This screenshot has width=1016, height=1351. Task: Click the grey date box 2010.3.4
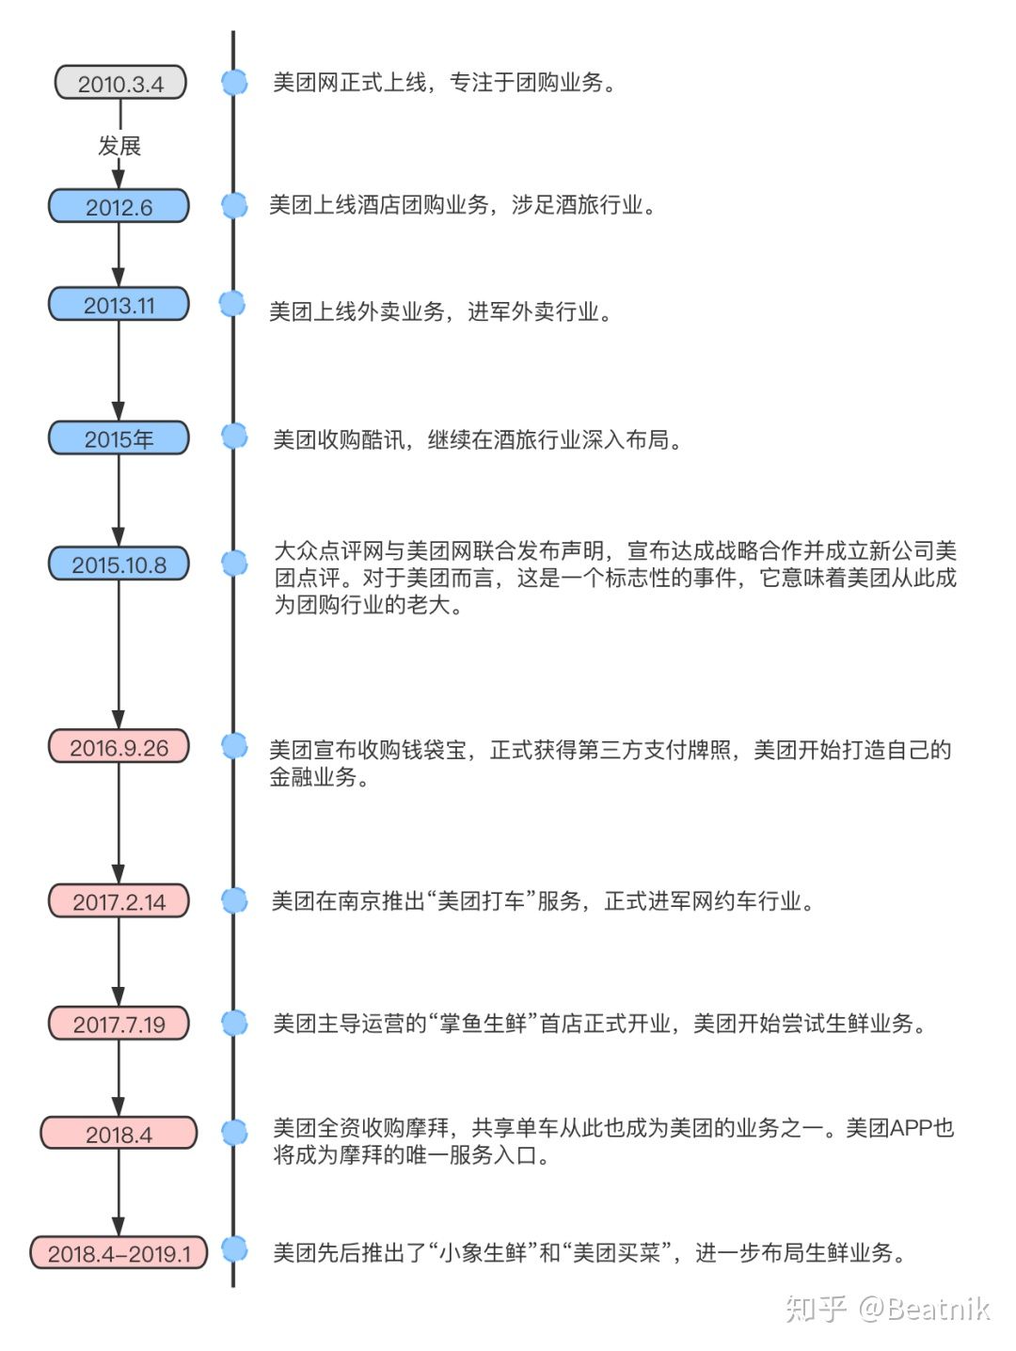pos(120,84)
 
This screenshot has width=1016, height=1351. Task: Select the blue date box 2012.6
pos(119,207)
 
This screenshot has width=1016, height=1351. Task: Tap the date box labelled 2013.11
pos(119,306)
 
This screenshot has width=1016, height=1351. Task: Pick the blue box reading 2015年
pos(119,439)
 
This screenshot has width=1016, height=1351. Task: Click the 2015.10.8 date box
pos(119,565)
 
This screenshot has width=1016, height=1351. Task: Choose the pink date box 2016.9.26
pos(119,748)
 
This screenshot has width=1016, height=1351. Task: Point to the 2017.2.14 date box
pos(119,902)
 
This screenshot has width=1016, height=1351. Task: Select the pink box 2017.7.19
pos(119,1025)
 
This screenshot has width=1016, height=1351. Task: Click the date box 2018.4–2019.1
pos(119,1254)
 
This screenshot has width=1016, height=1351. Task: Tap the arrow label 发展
pos(119,146)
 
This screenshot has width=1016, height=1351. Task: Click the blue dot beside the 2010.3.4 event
pos(234,83)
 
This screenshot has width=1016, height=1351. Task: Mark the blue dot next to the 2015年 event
pos(234,437)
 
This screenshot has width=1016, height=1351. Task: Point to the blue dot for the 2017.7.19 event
pos(234,1023)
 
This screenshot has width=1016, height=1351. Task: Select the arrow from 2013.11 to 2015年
pos(119,371)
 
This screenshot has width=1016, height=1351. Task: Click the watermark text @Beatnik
pos(924,1309)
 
